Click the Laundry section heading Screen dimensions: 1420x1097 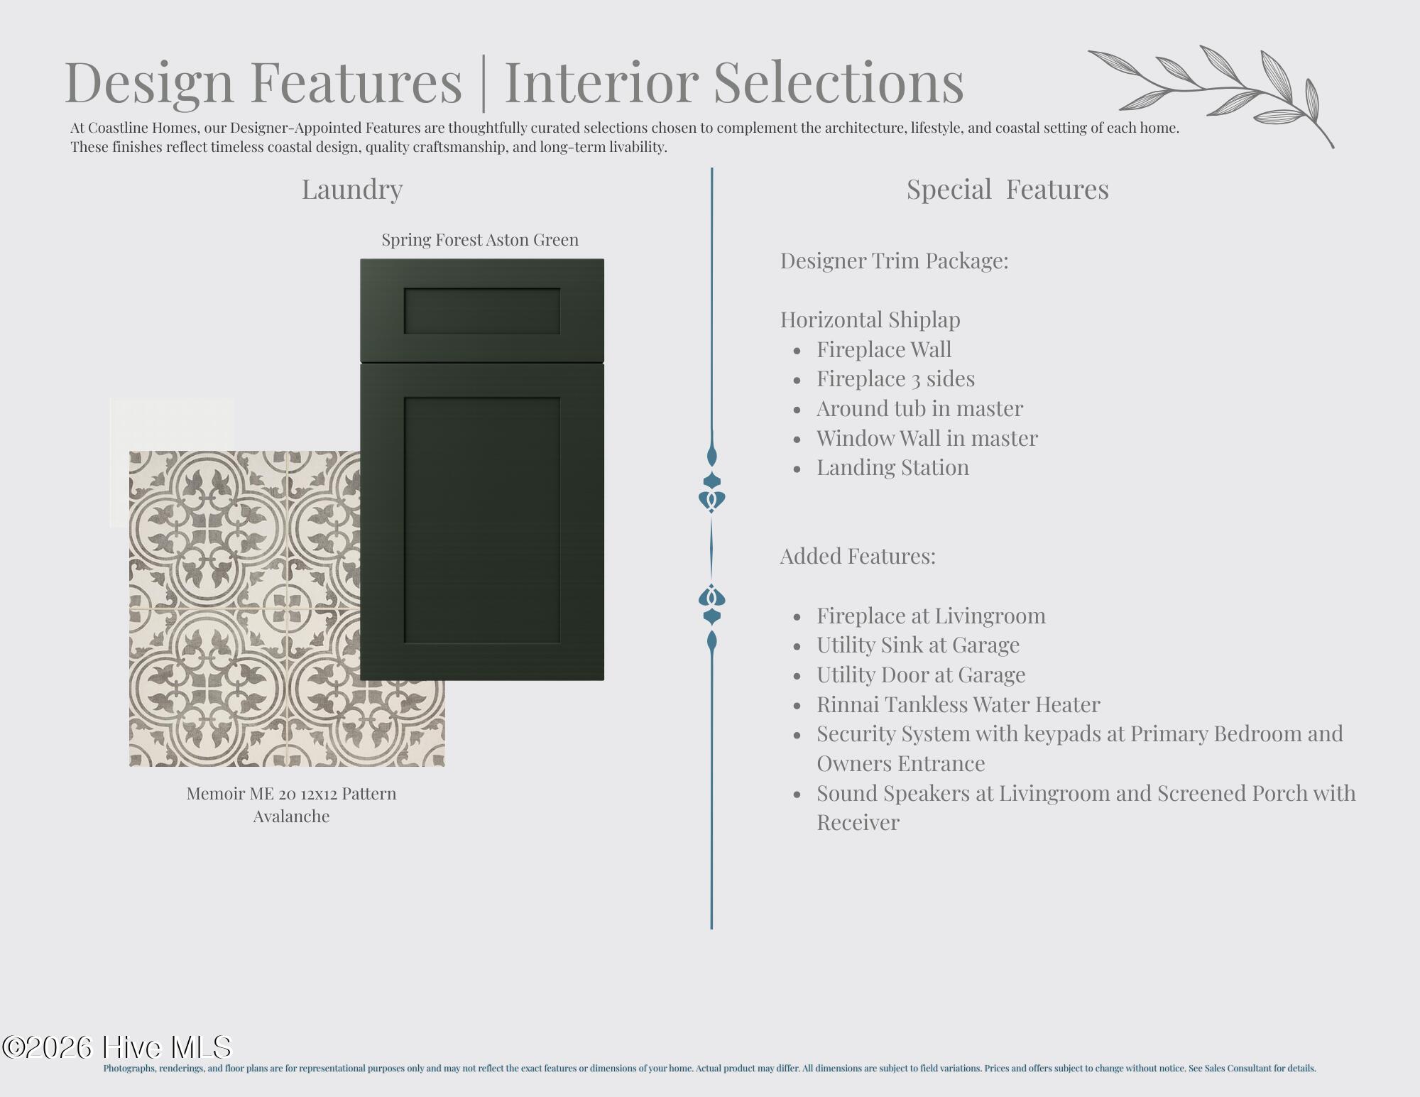pos(352,190)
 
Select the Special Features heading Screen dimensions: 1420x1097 pos(1007,190)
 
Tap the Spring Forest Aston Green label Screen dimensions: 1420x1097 pos(480,240)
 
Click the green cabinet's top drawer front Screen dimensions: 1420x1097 pos(482,310)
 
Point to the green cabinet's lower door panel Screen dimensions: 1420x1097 pos(482,522)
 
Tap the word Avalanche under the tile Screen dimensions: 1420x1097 pos(291,817)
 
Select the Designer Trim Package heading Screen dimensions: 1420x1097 pos(894,261)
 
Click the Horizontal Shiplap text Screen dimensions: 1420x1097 pos(870,320)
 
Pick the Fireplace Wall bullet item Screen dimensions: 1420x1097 pos(884,349)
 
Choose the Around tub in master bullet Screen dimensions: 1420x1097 pos(919,408)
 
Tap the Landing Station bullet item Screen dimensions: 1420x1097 pos(892,467)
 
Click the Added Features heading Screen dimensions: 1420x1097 pos(858,556)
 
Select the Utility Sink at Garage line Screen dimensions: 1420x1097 pos(918,645)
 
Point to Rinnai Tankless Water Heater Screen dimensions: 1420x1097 pos(958,704)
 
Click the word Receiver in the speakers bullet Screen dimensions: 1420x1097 pos(858,822)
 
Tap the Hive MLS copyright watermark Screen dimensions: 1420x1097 pos(117,1048)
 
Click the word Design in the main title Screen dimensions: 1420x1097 pos(149,82)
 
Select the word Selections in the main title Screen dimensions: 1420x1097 pos(839,82)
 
